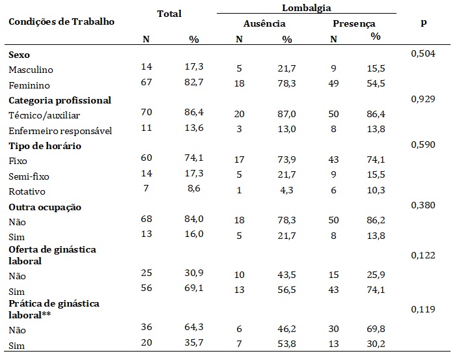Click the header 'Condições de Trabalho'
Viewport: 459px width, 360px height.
point(61,21)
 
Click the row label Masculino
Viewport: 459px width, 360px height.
point(31,69)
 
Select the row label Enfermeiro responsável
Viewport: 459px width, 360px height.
point(61,131)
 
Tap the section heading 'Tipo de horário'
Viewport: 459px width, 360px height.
point(44,146)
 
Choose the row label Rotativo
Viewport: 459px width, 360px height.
point(26,192)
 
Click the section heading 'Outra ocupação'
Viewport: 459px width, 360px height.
point(44,208)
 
